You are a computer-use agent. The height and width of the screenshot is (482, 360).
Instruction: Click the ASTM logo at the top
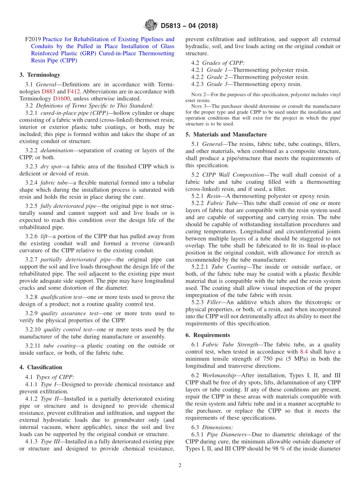150,26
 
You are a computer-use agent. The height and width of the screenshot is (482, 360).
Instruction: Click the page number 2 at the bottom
180,465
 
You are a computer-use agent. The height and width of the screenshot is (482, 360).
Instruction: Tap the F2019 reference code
33,39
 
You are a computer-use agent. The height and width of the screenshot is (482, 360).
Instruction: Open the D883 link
48,91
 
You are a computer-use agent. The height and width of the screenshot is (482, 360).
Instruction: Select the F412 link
74,91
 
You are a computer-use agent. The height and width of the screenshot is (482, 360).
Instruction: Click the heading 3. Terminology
40,75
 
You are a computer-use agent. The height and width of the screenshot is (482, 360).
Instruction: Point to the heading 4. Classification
41,367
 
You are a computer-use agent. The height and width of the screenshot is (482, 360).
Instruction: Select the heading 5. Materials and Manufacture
226,135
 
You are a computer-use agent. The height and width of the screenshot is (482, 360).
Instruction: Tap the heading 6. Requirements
208,335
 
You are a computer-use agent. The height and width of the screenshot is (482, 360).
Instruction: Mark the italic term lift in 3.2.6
45,236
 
